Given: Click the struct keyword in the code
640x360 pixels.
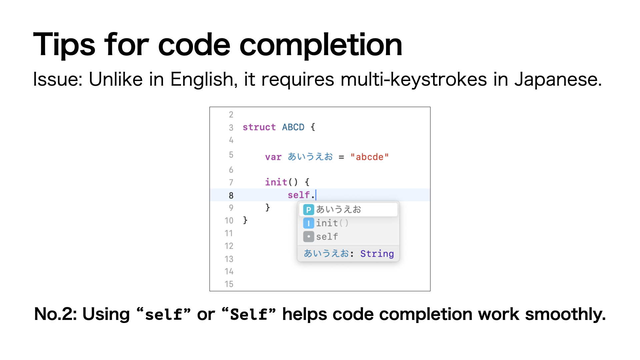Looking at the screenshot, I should click(259, 127).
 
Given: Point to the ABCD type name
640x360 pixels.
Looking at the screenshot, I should click(293, 127).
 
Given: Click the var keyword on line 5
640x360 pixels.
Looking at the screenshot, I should click(273, 157).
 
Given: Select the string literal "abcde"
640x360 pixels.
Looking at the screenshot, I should click(369, 157).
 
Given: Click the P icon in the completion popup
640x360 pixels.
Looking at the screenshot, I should click(308, 210).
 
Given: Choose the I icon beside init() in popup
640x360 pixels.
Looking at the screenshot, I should click(308, 223).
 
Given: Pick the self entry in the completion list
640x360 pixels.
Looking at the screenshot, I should click(327, 237).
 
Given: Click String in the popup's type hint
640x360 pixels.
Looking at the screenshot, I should click(377, 254).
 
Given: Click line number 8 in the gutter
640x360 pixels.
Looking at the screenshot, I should click(231, 195).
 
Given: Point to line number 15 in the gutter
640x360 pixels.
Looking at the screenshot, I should click(229, 284).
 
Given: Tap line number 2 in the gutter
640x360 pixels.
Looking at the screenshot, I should click(231, 115).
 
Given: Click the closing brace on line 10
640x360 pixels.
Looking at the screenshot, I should click(245, 220).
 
